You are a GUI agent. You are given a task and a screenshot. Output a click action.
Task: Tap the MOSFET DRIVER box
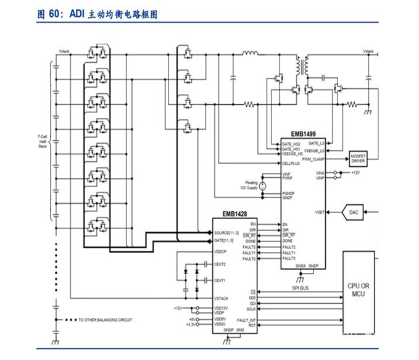tap(358, 158)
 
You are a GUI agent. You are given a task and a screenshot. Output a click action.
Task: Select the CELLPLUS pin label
tap(291, 164)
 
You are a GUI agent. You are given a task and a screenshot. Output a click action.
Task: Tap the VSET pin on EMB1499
tap(319, 212)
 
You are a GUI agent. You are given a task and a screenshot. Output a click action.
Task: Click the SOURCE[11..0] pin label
tap(226, 233)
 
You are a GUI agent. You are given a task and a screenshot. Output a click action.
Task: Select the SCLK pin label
tap(251, 308)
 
